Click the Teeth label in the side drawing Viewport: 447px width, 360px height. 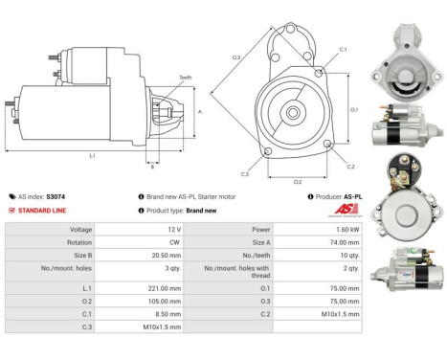click(184, 78)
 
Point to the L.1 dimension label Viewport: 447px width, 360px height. click(92, 155)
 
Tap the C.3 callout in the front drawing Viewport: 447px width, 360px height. click(245, 173)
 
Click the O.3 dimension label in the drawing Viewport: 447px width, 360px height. click(236, 57)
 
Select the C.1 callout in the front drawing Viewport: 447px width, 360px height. click(343, 49)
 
